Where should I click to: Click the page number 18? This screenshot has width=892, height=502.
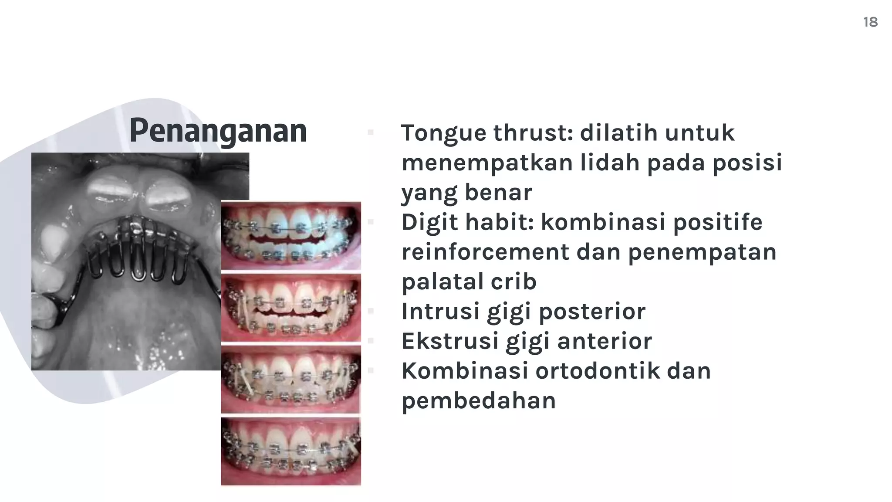870,22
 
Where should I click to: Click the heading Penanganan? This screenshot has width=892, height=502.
218,131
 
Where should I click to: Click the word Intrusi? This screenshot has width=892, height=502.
440,311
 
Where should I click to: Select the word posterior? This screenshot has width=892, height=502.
592,312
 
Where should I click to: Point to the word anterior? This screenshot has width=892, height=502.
605,341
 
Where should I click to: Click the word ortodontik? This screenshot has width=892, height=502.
598,371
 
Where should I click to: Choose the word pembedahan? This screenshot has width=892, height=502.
479,401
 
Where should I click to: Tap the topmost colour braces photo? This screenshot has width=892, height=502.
291,236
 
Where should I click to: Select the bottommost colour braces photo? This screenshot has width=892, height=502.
291,451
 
